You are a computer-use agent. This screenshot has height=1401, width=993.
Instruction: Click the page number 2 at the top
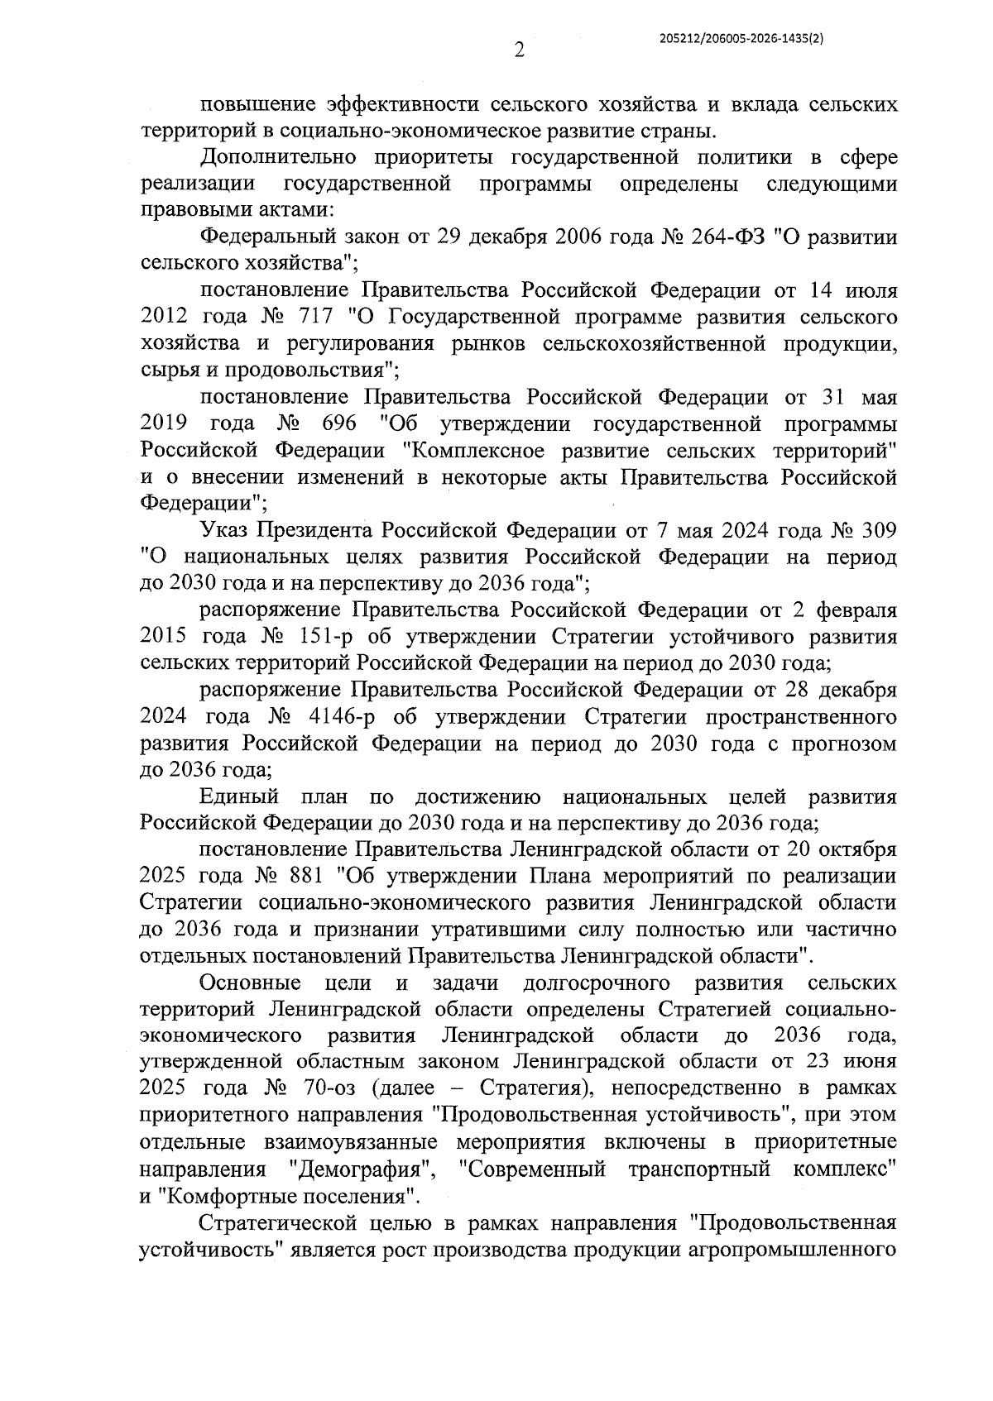pos(519,51)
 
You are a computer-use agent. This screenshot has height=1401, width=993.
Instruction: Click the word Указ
pos(223,530)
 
